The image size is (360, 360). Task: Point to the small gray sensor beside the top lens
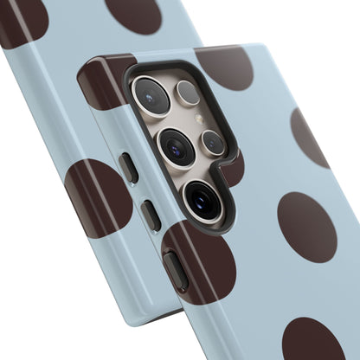(x=188, y=93)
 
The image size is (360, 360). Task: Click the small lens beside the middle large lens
(x=213, y=142)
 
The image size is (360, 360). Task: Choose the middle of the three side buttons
(x=151, y=214)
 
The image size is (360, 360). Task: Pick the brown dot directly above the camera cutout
(x=223, y=67)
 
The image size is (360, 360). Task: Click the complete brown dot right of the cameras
(x=306, y=227)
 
